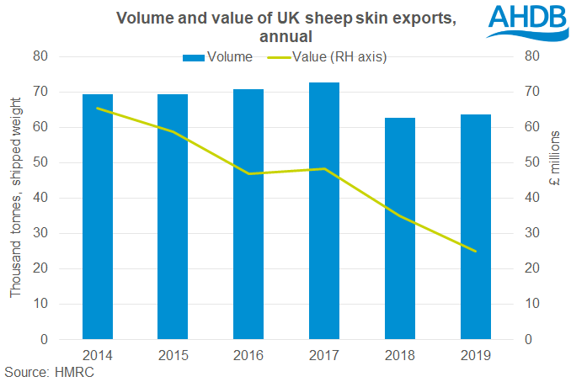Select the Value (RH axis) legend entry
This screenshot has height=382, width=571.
pos(334,56)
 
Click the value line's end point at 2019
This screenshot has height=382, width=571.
pos(476,251)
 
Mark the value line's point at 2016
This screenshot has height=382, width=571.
pos(248,173)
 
